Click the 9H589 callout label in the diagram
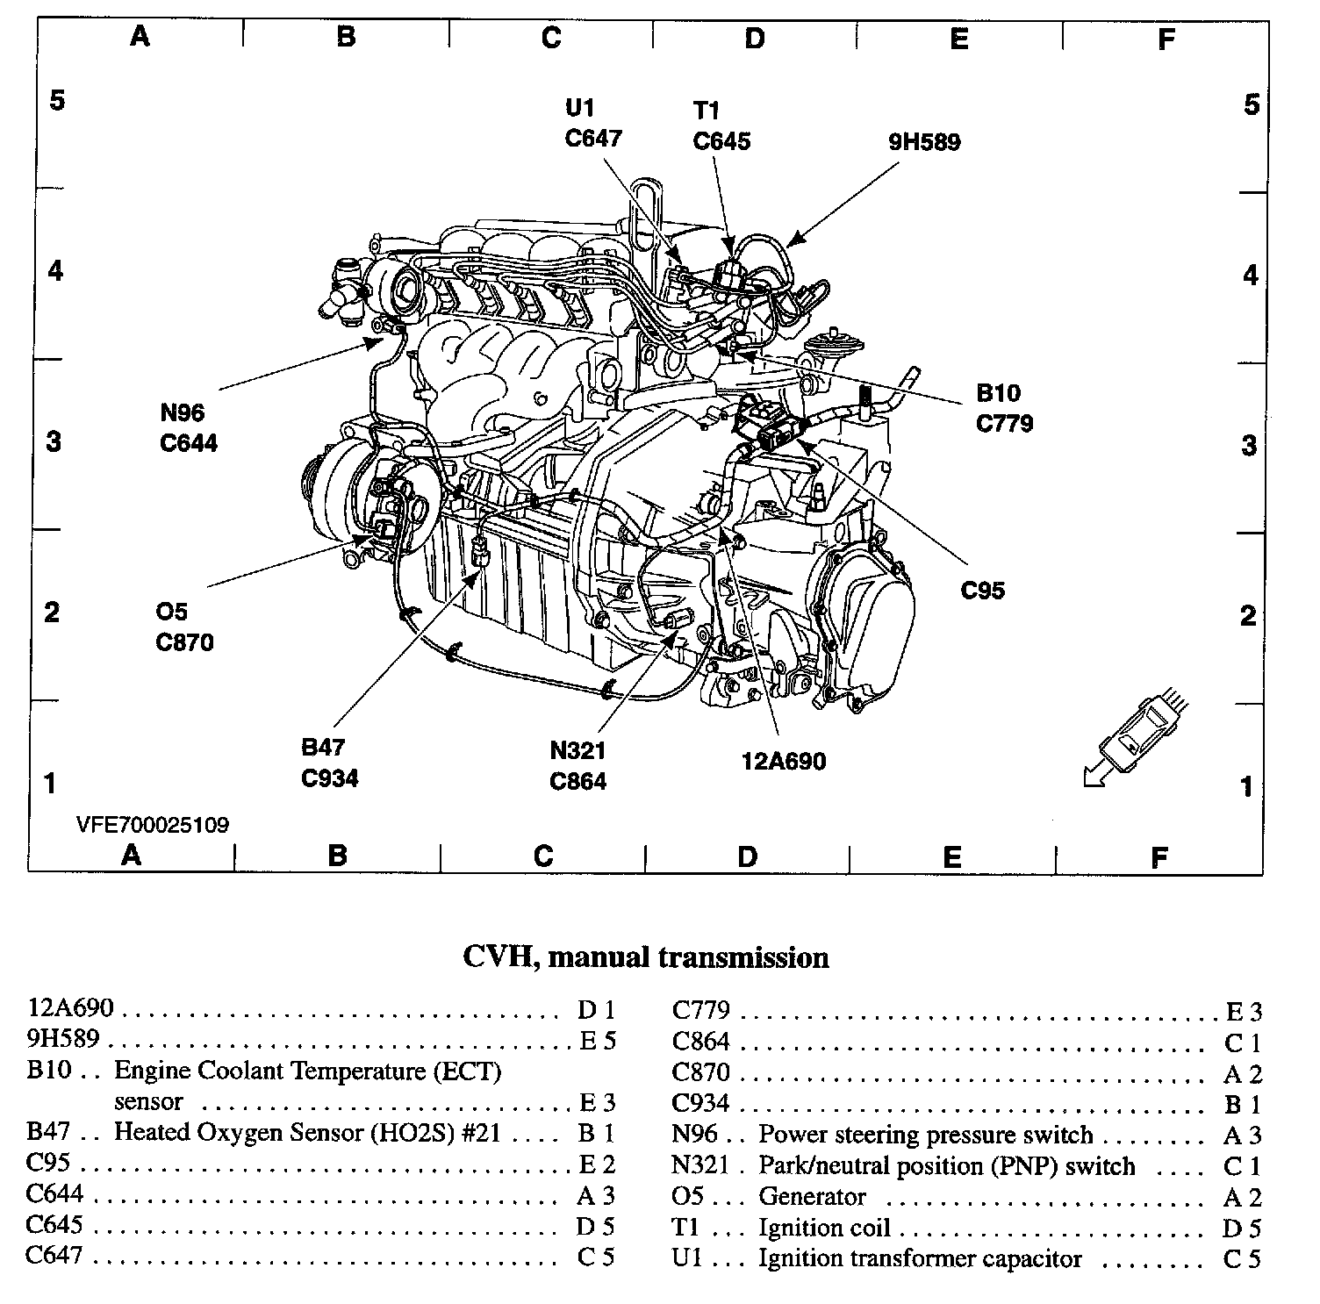pyautogui.click(x=924, y=142)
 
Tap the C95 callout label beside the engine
pyautogui.click(x=982, y=591)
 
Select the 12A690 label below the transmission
pyautogui.click(x=784, y=760)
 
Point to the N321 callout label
pyautogui.click(x=577, y=751)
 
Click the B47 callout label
pyautogui.click(x=323, y=748)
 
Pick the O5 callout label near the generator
pyautogui.click(x=171, y=612)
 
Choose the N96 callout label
pyautogui.click(x=182, y=412)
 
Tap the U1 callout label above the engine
pyautogui.click(x=580, y=108)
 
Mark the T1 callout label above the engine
pyautogui.click(x=707, y=111)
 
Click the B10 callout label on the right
pyautogui.click(x=998, y=393)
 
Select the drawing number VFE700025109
pyautogui.click(x=152, y=825)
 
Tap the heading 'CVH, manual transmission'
pyautogui.click(x=645, y=957)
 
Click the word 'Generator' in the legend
pyautogui.click(x=812, y=1197)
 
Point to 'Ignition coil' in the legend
pyautogui.click(x=824, y=1228)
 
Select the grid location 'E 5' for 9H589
pyautogui.click(x=598, y=1041)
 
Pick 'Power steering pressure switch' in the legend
pyautogui.click(x=925, y=1135)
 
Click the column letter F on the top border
pyautogui.click(x=1166, y=39)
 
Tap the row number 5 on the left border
pyautogui.click(x=57, y=100)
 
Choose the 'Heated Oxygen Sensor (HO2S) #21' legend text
pyautogui.click(x=307, y=1132)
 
